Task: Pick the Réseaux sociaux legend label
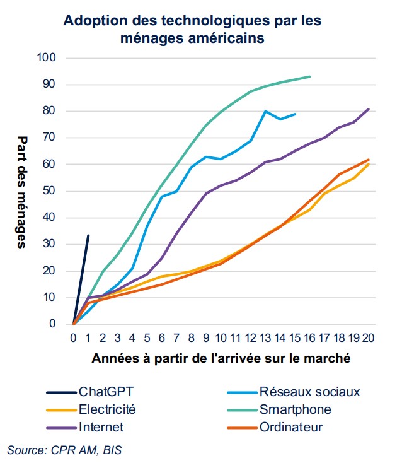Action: click(309, 392)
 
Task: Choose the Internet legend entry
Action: click(101, 427)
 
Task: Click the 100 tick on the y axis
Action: click(47, 58)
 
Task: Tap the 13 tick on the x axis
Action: click(265, 337)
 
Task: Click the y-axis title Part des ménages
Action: click(21, 192)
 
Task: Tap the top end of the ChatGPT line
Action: click(88, 235)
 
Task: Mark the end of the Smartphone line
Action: click(310, 76)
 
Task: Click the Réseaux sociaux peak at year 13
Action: click(265, 111)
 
